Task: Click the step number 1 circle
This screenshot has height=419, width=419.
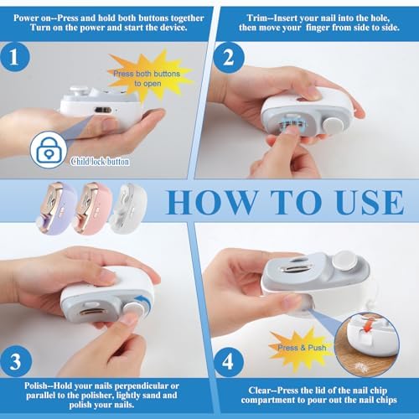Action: click(15, 57)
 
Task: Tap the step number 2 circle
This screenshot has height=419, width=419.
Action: click(229, 58)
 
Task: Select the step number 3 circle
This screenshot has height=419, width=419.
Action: click(15, 361)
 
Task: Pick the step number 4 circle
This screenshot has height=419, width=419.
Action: click(228, 362)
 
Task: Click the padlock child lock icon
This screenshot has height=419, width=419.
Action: click(49, 150)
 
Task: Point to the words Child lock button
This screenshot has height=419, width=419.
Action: click(100, 162)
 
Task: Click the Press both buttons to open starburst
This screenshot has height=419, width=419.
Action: click(147, 77)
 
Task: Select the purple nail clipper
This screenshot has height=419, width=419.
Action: click(56, 207)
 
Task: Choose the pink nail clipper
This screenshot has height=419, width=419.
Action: click(92, 207)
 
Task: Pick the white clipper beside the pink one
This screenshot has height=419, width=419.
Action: click(128, 207)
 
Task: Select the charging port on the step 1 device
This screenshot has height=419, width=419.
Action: click(103, 111)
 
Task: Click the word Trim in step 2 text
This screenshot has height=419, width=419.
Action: click(256, 18)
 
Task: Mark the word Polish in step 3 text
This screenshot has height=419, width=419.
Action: click(36, 385)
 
